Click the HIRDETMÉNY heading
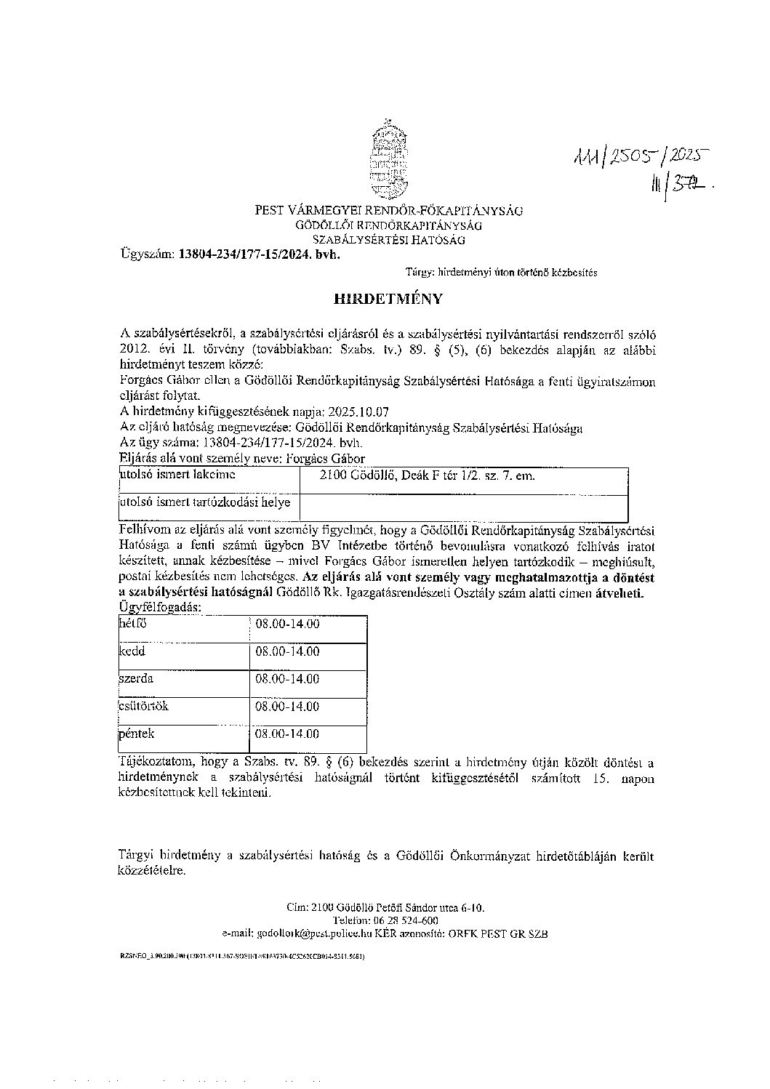coord(387,299)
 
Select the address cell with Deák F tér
coord(428,475)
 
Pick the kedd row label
coord(132,651)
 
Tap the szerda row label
coord(136,679)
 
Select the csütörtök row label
coord(143,706)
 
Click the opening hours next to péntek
coord(287,734)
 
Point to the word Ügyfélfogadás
coord(160,606)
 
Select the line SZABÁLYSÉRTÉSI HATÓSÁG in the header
coord(389,239)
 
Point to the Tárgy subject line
coord(502,273)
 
